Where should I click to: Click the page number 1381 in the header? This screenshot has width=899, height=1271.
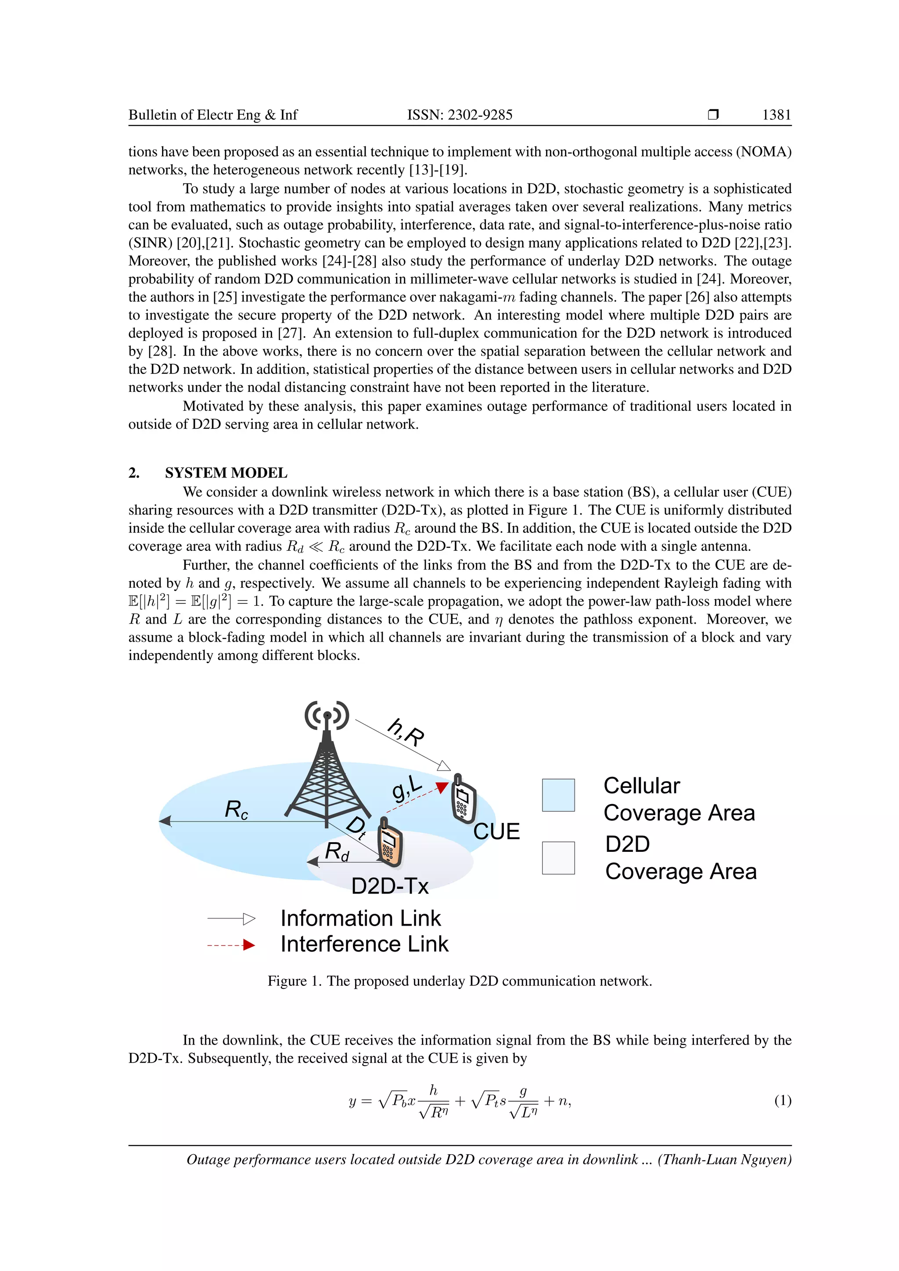[776, 115]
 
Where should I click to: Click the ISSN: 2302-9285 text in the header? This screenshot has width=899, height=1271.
[460, 115]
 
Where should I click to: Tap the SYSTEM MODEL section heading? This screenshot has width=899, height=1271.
[226, 473]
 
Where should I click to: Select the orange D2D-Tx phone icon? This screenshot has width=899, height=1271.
[390, 842]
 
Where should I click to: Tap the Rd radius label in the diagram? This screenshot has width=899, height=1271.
[337, 851]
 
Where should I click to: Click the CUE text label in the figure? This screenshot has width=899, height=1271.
[496, 832]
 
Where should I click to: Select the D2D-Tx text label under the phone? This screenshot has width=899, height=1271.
[390, 886]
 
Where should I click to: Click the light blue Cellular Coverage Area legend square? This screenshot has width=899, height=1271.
[558, 795]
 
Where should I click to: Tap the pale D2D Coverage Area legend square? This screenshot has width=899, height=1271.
[558, 858]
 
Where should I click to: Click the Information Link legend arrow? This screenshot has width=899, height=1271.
[231, 919]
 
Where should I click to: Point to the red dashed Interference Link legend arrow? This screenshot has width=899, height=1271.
[231, 945]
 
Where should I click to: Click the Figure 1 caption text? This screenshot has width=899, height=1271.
[460, 981]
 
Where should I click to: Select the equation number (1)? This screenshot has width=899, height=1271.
[782, 1101]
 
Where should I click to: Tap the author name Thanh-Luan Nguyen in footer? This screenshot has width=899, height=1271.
[724, 1160]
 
